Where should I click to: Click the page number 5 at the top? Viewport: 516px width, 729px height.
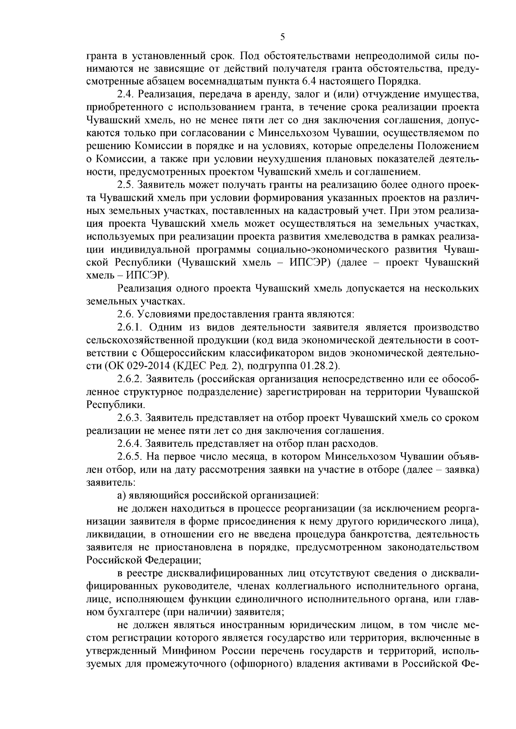pos(283,37)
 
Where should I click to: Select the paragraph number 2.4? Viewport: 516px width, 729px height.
pos(125,94)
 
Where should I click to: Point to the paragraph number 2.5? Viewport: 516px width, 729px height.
pos(125,185)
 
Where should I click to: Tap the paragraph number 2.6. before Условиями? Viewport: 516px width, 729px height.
pos(125,314)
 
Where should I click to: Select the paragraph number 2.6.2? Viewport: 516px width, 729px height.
pos(129,379)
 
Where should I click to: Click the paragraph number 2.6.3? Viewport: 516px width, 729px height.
pos(129,418)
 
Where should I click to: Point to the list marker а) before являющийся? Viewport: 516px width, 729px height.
pos(121,495)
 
